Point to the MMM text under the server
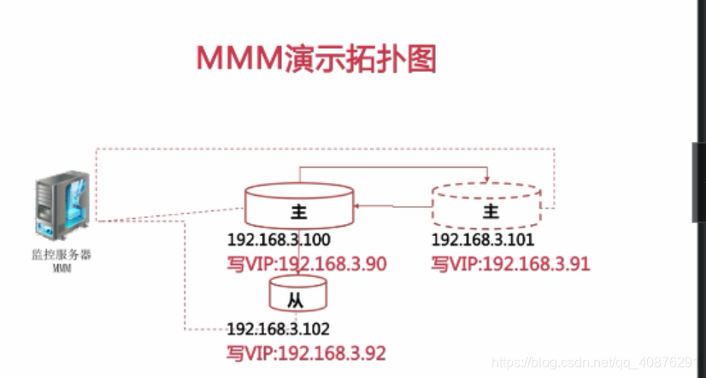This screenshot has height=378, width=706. (x=61, y=268)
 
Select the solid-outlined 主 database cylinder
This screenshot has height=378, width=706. (x=298, y=205)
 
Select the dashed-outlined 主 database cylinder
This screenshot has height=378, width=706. (x=486, y=205)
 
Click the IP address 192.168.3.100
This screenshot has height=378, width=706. (x=279, y=240)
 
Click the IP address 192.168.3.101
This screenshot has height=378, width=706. (x=482, y=240)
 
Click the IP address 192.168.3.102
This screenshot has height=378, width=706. (x=278, y=329)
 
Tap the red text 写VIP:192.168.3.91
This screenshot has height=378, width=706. (x=510, y=263)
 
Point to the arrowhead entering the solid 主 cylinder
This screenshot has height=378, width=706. (x=359, y=206)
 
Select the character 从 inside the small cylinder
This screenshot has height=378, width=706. (x=295, y=300)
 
